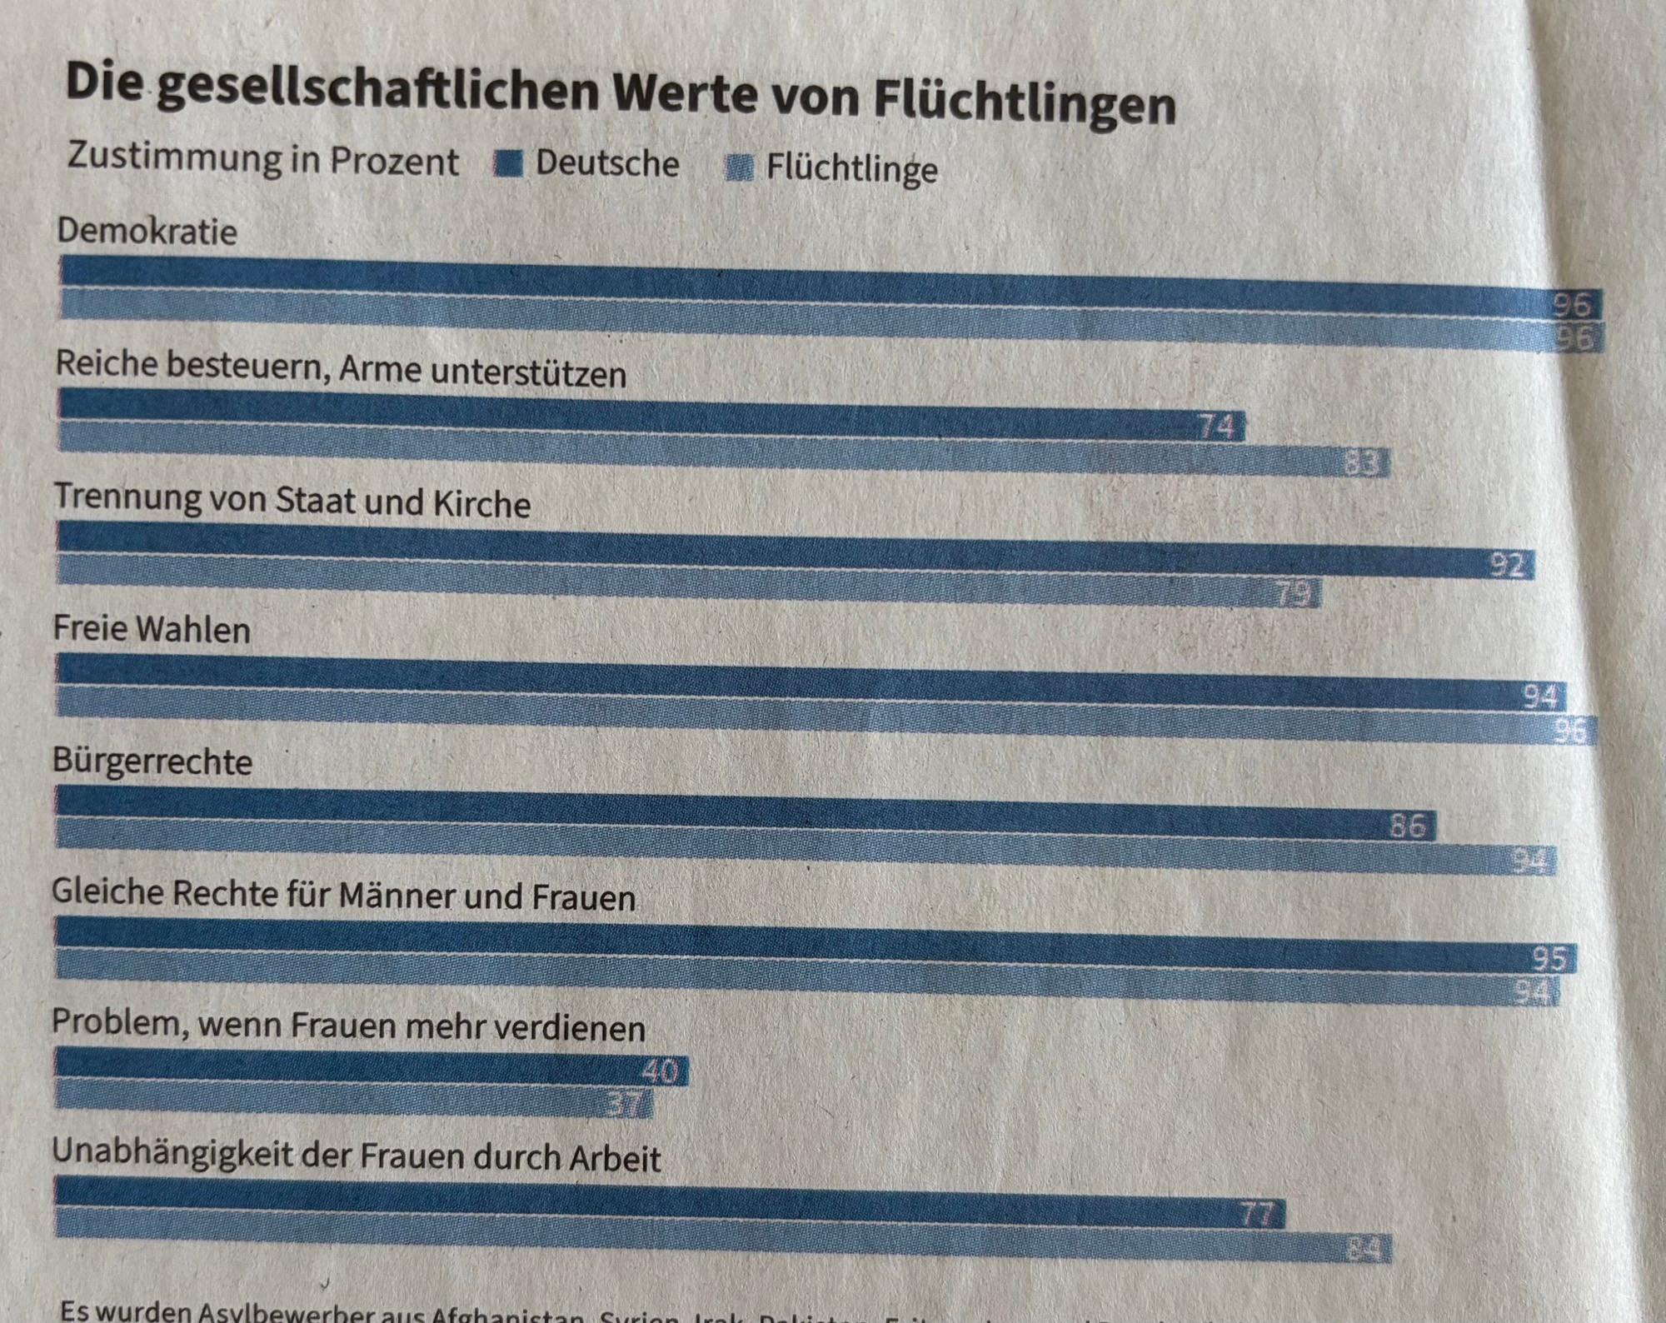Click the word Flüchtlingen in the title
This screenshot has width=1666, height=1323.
[x=1025, y=104]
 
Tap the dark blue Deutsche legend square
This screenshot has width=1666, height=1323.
[x=508, y=163]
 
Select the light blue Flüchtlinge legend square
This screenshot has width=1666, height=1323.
[x=739, y=167]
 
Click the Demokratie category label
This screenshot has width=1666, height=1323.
[x=147, y=231]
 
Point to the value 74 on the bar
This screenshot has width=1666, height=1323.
[x=1216, y=427]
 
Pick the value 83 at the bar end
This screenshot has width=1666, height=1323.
[x=1364, y=462]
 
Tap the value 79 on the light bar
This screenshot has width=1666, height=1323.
[x=1293, y=594]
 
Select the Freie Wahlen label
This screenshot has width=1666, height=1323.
[x=152, y=629]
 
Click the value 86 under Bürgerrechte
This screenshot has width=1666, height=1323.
[x=1408, y=826]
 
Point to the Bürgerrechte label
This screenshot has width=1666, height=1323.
[x=152, y=761]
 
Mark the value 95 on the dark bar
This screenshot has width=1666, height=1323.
[x=1549, y=959]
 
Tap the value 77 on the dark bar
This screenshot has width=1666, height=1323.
[x=1257, y=1214]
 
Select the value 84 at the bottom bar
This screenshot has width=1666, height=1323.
[x=1364, y=1249]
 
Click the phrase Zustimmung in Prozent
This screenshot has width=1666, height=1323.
[x=263, y=159]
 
